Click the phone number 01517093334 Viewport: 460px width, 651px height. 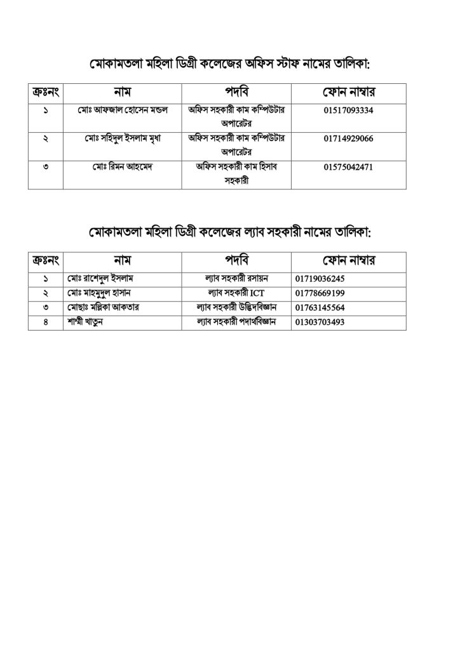click(x=348, y=111)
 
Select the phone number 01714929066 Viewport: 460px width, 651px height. click(x=348, y=139)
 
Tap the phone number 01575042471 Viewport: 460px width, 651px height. click(x=348, y=168)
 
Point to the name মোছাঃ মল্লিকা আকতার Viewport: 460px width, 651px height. click(x=102, y=307)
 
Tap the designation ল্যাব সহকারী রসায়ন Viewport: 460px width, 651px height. click(x=236, y=278)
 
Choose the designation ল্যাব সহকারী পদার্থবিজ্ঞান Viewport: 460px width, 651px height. click(x=236, y=322)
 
